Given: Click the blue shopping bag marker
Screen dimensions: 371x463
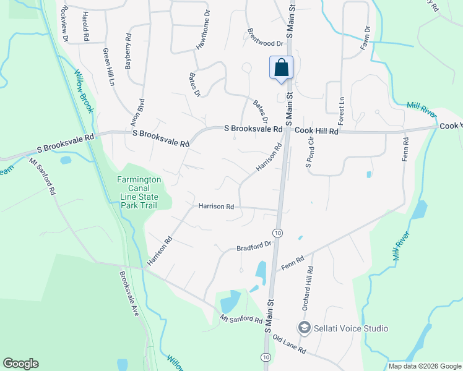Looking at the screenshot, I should click(x=281, y=68).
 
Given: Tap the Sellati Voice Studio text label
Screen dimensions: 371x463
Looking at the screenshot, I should click(x=352, y=328).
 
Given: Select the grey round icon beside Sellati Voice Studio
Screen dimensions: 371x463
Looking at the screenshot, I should click(x=304, y=328).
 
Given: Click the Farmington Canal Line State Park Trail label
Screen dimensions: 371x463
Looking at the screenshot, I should click(x=139, y=192).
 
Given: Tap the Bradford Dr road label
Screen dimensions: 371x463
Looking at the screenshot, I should click(x=254, y=246).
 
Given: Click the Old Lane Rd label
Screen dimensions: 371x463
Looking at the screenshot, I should click(x=290, y=345).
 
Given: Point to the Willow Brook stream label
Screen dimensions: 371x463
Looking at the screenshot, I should click(x=84, y=92).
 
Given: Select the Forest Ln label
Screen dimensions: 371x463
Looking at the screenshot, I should click(x=341, y=109).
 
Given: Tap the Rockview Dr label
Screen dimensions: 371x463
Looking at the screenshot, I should click(x=64, y=25).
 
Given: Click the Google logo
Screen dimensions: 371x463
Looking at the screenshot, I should click(x=20, y=364).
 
